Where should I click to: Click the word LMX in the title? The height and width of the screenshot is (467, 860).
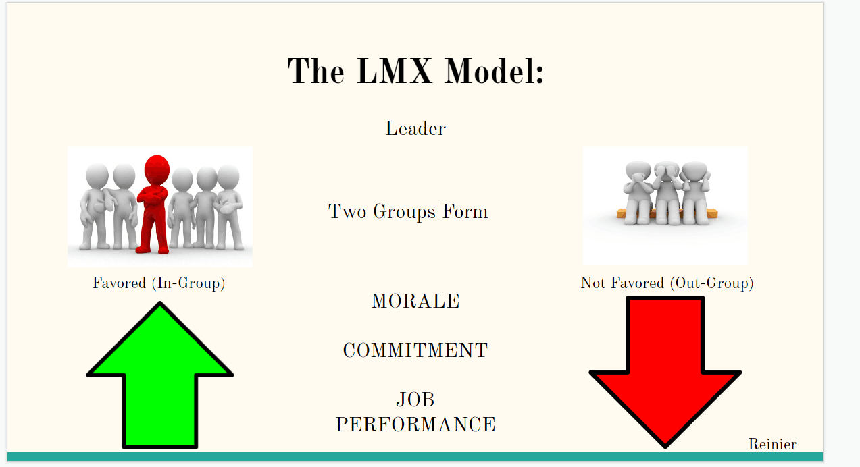point(395,71)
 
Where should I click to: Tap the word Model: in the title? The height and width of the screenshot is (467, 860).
point(494,71)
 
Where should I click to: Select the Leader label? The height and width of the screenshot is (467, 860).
point(415,128)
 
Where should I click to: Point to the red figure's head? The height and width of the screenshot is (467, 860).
point(157,170)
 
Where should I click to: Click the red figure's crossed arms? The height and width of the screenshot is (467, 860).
point(153,196)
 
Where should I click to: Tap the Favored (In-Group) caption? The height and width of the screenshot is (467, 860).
point(159,283)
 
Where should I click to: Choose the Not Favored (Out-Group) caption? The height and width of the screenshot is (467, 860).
point(667,283)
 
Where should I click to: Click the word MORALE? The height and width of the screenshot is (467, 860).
point(415,301)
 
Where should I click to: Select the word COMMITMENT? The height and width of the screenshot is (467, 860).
point(415,350)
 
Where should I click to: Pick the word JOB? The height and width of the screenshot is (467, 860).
point(415,400)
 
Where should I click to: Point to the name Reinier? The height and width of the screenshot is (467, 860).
point(772,444)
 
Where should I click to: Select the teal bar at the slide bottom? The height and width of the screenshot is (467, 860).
point(415,456)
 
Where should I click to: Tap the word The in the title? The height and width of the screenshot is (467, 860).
point(316,71)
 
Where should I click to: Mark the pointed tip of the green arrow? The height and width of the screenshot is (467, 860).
point(159,302)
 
